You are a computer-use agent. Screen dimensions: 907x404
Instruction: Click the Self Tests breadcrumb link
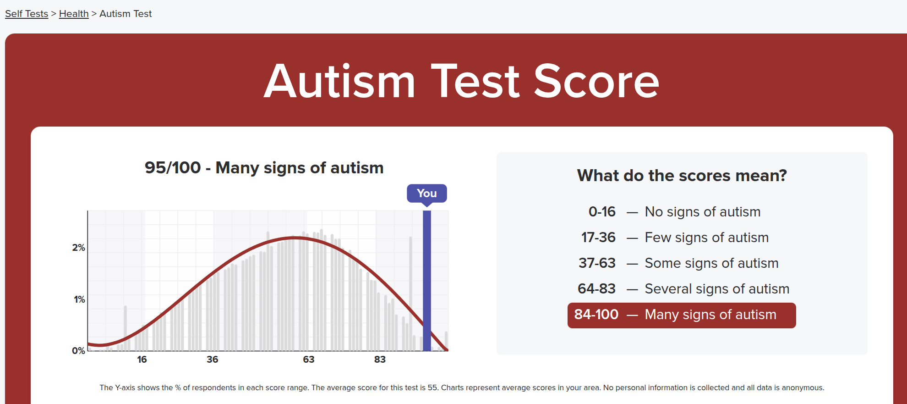[27, 14]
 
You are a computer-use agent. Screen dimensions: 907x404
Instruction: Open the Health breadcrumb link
[74, 14]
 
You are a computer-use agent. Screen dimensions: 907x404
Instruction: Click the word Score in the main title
[596, 81]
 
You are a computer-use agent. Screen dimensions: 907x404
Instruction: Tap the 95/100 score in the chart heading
[173, 168]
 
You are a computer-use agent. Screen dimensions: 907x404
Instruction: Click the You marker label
[427, 194]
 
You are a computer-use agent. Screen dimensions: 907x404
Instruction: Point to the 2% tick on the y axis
[78, 248]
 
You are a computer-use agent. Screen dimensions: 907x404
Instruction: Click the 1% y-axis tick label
[79, 299]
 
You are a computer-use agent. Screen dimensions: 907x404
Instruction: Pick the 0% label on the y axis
[78, 351]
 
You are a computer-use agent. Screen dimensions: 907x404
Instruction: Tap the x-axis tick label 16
[142, 360]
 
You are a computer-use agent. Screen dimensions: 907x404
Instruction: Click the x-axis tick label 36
[212, 360]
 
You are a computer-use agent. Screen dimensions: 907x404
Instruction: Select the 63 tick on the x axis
[309, 360]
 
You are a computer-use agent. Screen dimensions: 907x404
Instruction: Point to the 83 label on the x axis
[380, 360]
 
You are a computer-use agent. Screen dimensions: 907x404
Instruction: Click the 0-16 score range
[602, 212]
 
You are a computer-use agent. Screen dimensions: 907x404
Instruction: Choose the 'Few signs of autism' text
[707, 238]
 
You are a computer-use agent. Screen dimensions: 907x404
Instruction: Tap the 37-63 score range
[597, 263]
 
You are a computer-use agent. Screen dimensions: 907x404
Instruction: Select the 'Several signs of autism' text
[717, 289]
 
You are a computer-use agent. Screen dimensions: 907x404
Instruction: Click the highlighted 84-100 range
[596, 315]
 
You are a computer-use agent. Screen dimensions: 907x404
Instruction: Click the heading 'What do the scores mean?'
[682, 176]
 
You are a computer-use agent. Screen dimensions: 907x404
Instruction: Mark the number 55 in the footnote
[432, 387]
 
